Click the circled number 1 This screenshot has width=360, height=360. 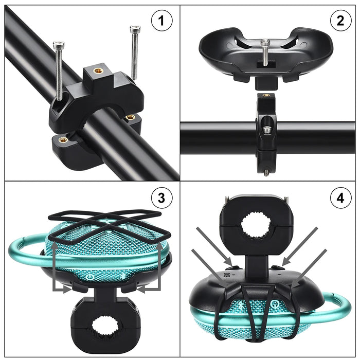pyautogui.click(x=161, y=22)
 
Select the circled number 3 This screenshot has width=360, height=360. pyautogui.click(x=161, y=197)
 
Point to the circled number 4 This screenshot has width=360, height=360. pyautogui.click(x=340, y=197)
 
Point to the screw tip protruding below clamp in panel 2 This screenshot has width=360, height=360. pyautogui.click(x=266, y=172)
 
